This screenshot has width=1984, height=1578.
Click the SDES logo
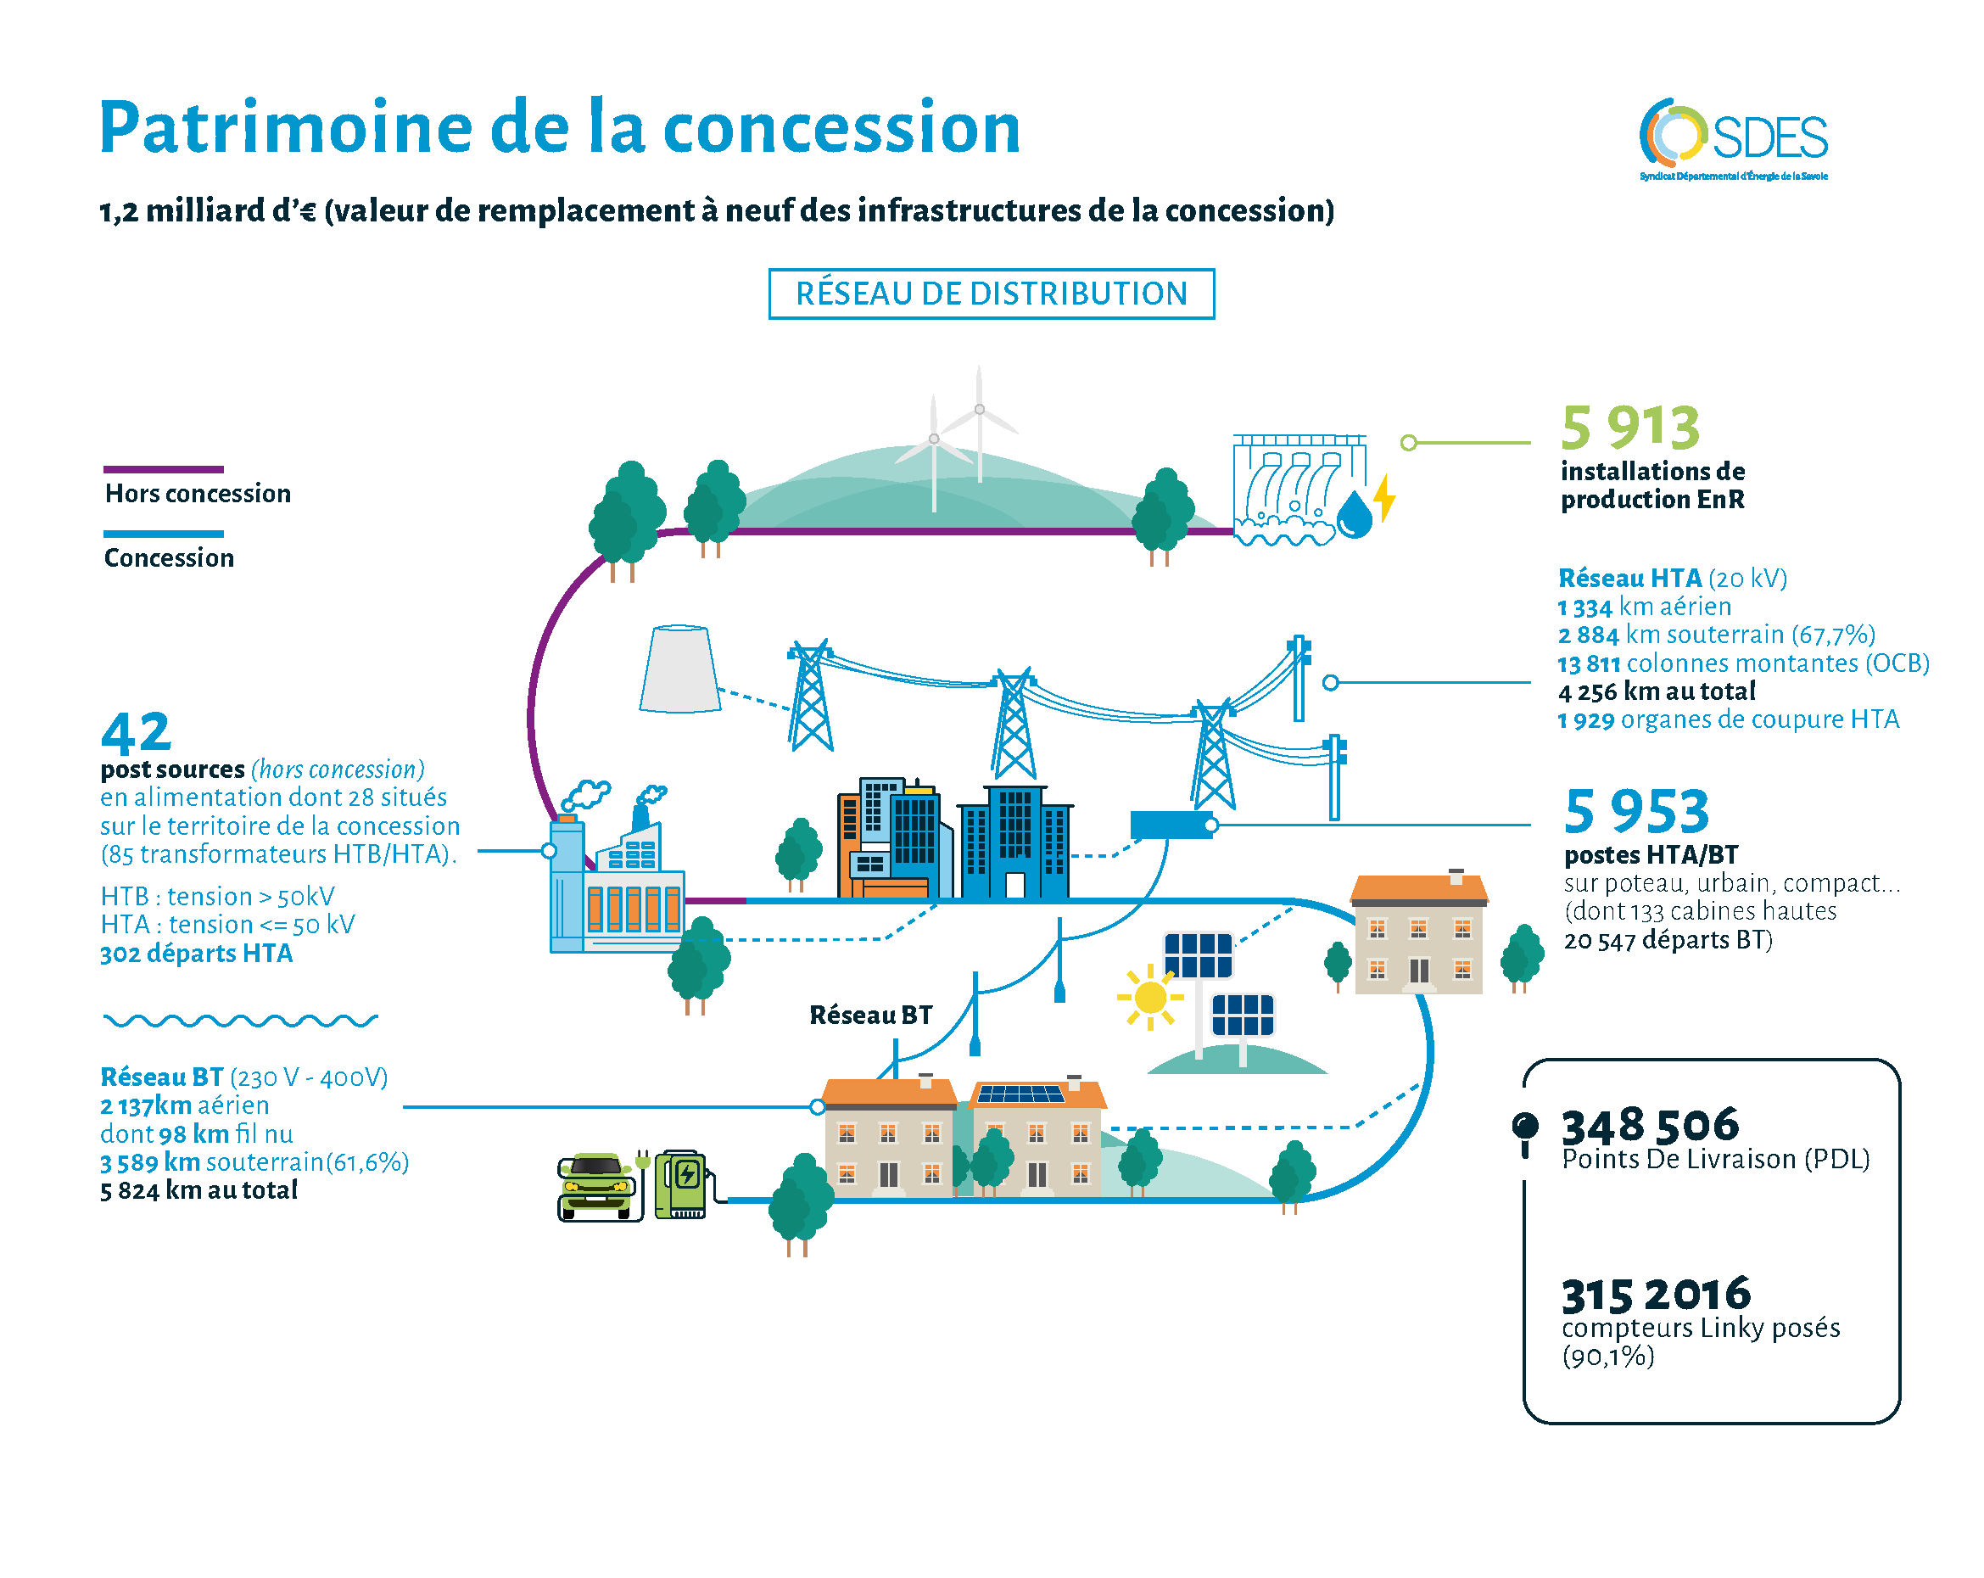click(x=1733, y=138)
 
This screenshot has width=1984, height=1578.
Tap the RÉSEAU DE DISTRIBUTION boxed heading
click(x=991, y=294)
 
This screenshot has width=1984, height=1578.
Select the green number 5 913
click(x=1629, y=428)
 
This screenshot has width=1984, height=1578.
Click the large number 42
click(x=137, y=733)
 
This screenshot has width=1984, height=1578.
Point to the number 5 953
click(x=1636, y=811)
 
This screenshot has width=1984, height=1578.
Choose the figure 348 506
click(x=1650, y=1125)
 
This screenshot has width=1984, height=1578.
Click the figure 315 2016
click(x=1656, y=1294)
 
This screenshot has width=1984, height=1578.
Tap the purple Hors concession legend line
click(x=164, y=469)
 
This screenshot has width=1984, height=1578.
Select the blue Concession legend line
click(x=164, y=534)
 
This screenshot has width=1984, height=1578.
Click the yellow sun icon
click(x=1150, y=997)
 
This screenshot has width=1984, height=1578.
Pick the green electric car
click(x=597, y=1187)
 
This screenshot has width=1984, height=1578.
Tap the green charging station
click(x=682, y=1184)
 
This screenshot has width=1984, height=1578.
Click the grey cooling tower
click(x=679, y=669)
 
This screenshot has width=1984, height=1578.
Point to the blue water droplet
click(x=1355, y=516)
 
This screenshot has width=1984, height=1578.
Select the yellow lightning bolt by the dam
click(x=1384, y=498)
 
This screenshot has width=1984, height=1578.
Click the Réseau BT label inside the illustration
click(x=870, y=1015)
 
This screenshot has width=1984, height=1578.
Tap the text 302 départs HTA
click(x=196, y=954)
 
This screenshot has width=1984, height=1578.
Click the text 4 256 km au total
click(x=1656, y=691)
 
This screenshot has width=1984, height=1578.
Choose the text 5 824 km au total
click(x=198, y=1190)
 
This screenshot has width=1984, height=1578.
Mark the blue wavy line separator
click(x=240, y=1020)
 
